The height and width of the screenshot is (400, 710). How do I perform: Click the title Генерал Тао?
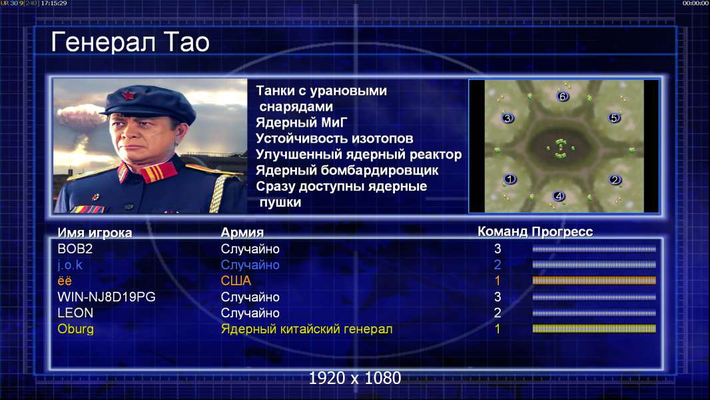(131, 42)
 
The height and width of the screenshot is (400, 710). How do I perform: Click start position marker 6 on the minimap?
(562, 97)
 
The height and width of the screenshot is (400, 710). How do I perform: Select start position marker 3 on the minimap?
(508, 118)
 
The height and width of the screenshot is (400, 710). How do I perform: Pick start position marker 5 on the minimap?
(613, 118)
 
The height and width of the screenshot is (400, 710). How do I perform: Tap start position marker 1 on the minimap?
(510, 179)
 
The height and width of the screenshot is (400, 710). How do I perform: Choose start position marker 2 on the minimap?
(615, 180)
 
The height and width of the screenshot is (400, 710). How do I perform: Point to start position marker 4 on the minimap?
(559, 196)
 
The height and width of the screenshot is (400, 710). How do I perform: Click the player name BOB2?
(75, 249)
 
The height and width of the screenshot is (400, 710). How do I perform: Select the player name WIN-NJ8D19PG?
(107, 297)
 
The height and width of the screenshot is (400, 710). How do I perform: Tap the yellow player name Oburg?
(76, 329)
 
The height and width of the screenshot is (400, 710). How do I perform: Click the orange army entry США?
(236, 281)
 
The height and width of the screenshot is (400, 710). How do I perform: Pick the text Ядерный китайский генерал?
(306, 329)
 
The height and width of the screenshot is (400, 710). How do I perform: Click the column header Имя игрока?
(95, 233)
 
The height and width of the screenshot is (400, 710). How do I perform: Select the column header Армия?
(242, 233)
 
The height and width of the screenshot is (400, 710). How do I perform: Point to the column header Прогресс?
(562, 232)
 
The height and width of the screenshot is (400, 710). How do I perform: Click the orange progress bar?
(594, 281)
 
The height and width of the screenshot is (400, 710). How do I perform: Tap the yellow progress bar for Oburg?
(594, 329)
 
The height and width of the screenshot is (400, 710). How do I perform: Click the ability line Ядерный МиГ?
(302, 123)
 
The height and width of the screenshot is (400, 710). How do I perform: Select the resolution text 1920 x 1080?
(355, 378)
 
